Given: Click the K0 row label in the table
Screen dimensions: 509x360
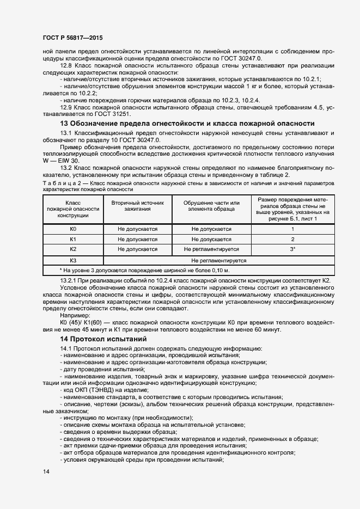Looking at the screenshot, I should click(73, 229).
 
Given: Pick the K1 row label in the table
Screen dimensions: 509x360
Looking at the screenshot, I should click(73, 239).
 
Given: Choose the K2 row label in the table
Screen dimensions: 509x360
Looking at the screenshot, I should click(73, 249).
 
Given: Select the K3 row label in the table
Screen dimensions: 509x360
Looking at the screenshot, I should click(73, 260).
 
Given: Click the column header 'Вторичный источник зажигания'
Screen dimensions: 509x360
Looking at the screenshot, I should click(137, 205).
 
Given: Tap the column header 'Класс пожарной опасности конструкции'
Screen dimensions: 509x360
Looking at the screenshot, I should click(73, 209).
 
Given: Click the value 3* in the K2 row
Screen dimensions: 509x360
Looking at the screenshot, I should click(292, 249).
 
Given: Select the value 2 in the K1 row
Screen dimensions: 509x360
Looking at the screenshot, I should click(292, 239).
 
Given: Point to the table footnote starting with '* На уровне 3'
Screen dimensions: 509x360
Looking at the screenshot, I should click(144, 271).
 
